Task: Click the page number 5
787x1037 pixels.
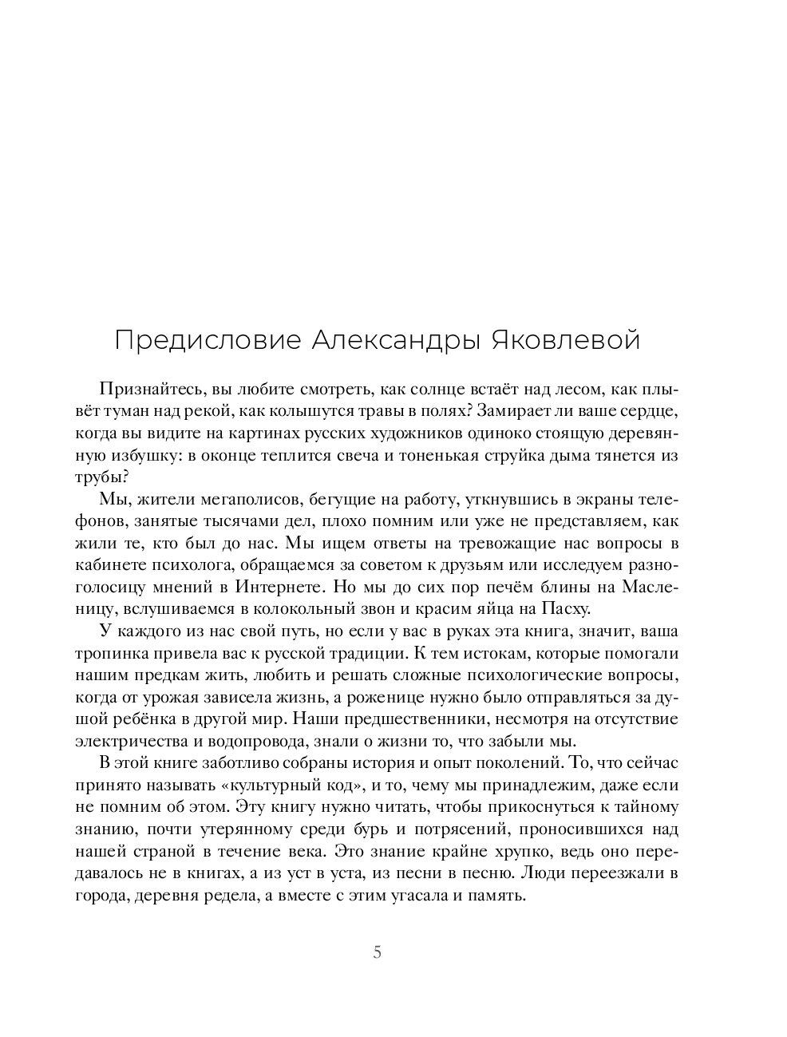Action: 377,952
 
